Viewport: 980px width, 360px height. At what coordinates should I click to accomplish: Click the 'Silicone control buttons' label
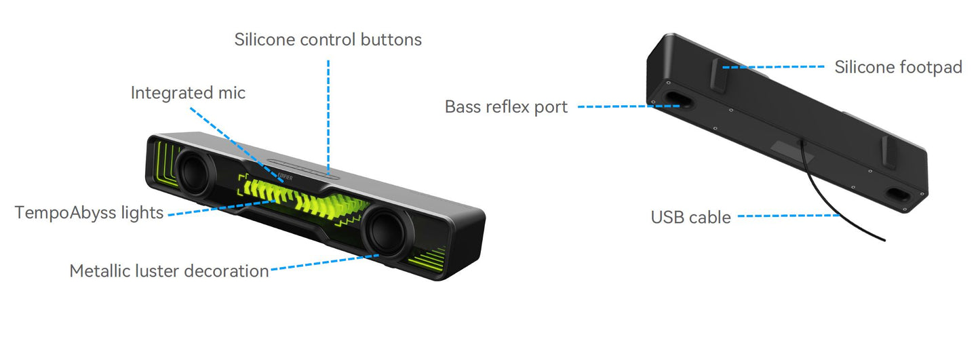pyautogui.click(x=328, y=40)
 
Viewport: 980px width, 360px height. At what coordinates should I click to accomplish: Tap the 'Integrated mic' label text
pyautogui.click(x=188, y=93)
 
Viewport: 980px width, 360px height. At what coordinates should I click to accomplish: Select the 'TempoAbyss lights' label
pyautogui.click(x=89, y=213)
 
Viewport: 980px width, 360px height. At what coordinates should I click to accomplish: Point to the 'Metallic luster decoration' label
pyautogui.click(x=169, y=271)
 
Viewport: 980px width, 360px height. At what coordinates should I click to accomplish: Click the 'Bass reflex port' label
pyautogui.click(x=506, y=107)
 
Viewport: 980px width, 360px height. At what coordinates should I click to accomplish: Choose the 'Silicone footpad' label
pyautogui.click(x=898, y=67)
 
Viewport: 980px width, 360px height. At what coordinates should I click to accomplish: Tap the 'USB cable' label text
pyautogui.click(x=690, y=218)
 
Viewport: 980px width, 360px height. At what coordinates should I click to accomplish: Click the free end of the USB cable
pyautogui.click(x=884, y=240)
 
